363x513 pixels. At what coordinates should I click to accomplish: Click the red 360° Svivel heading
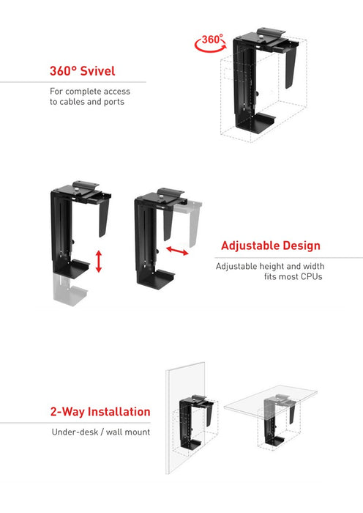pos(82,72)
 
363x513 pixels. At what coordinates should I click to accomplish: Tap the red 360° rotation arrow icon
pos(212,43)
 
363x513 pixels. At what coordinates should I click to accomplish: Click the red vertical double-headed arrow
pos(98,260)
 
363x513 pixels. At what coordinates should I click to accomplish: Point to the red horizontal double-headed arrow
pos(176,251)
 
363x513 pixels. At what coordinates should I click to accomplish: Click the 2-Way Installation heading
pos(100,412)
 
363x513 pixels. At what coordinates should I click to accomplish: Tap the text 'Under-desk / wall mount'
pos(100,432)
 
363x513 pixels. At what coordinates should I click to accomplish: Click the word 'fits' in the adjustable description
pos(272,277)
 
